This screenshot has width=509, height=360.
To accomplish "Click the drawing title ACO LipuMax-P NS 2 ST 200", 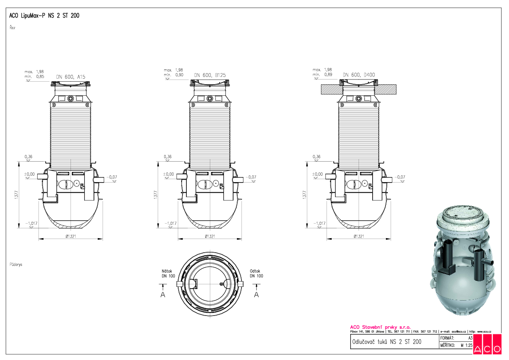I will [44, 15].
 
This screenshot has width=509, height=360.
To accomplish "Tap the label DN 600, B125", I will [210, 75].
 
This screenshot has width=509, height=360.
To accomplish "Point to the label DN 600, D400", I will [359, 75].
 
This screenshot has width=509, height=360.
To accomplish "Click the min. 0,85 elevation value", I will [34, 77].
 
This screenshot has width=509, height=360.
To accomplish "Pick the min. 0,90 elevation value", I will [174, 75].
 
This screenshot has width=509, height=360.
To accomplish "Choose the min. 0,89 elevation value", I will [322, 75].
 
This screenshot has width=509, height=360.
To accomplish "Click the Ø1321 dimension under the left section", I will [71, 236].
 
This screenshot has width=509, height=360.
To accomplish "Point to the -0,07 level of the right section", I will [400, 177].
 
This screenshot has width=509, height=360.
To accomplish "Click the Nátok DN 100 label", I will [168, 274].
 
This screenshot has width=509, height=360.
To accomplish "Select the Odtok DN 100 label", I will [256, 274].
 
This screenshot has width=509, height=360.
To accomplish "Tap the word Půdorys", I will [15, 265].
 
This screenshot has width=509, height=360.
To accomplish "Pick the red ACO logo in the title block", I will [487, 345].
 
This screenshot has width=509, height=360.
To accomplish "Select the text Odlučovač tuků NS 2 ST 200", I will [386, 342].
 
